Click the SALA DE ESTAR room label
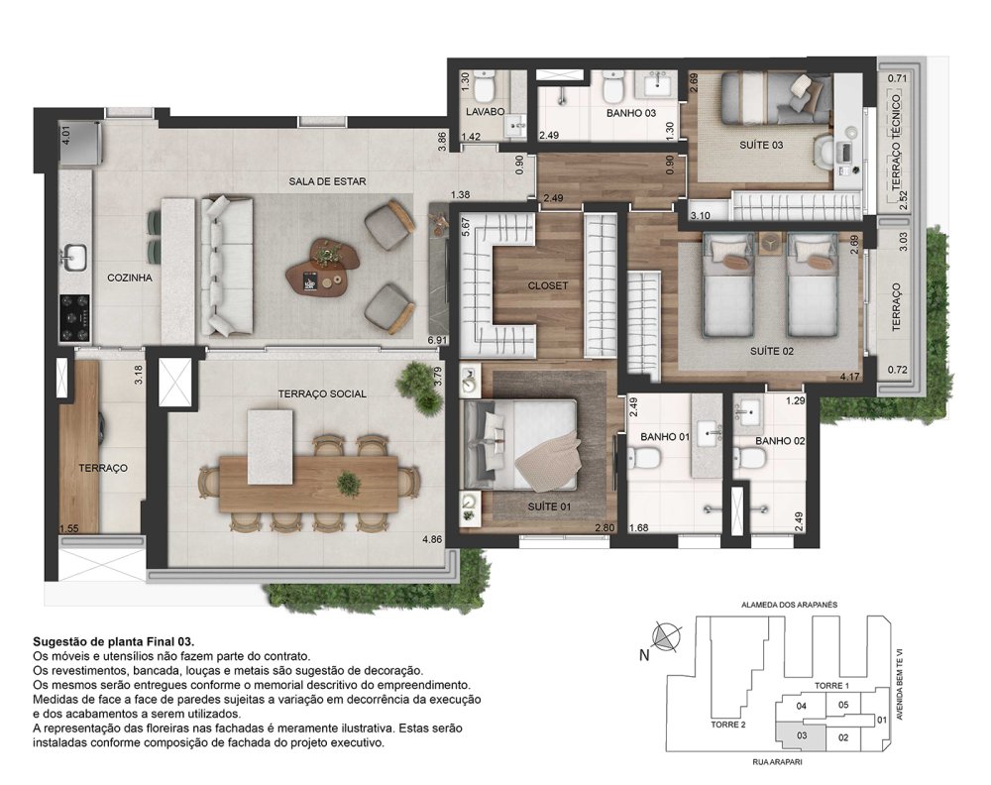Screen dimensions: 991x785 point(327,181)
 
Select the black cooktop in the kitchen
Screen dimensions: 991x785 point(75,317)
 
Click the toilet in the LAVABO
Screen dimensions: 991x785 point(485,86)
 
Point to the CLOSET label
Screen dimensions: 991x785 point(547,285)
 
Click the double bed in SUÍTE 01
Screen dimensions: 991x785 point(521,444)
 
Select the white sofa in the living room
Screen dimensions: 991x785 point(227,266)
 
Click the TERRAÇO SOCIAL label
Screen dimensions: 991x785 point(322,393)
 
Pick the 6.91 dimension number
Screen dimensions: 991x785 point(437,340)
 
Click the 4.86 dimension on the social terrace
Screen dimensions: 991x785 point(432,539)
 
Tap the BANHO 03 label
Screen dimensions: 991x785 point(630,113)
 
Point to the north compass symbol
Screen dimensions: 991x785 point(665,636)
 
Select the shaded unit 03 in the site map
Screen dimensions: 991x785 point(801,735)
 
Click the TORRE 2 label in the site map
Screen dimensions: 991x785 point(728,725)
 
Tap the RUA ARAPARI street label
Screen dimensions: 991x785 point(777,762)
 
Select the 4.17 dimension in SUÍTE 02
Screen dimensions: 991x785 point(849,378)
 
